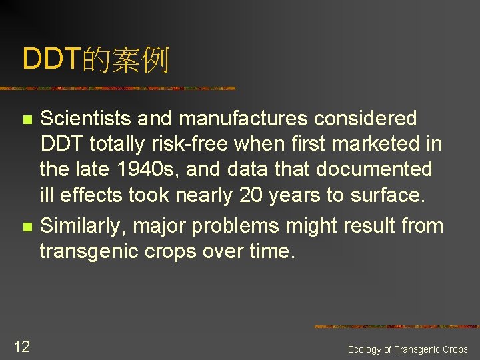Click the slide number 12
[21, 346]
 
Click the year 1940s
[152, 169]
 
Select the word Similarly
[83, 226]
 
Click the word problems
[237, 226]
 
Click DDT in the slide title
[52, 59]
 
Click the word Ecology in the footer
[365, 349]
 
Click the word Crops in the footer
[455, 349]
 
